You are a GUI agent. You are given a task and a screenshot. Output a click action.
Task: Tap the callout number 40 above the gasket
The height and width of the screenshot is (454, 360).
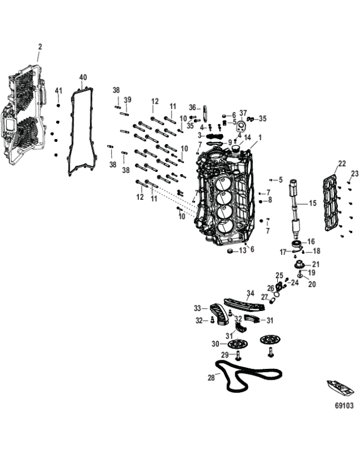pos(83,77)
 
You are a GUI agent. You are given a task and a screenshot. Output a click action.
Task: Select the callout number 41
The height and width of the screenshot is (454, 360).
pos(58,91)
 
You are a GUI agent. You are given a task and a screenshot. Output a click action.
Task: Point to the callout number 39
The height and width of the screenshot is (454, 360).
pos(128,100)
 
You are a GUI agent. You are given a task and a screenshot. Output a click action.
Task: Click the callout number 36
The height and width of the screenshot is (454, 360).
pos(192,107)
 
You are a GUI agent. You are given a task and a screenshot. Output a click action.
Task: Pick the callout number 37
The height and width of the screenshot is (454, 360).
pos(243,112)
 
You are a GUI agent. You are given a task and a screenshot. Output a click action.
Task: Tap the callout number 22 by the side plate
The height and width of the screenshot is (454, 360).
pos(341,163)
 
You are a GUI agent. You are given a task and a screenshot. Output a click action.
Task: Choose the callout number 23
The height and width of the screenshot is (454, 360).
pos(354,173)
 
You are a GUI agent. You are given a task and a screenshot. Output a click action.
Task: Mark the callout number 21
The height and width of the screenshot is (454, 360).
pos(316,264)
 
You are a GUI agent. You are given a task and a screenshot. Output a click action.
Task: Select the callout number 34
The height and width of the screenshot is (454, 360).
pos(250,293)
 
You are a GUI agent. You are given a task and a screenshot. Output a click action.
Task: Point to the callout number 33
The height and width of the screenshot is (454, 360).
pos(198,308)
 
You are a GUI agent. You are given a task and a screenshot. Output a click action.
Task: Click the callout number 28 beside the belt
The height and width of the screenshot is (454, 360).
pos(211,376)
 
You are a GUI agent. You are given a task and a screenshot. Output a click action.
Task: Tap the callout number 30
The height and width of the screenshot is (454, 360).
pos(215,344)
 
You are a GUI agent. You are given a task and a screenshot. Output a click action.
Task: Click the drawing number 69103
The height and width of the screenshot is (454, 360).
pos(344,406)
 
